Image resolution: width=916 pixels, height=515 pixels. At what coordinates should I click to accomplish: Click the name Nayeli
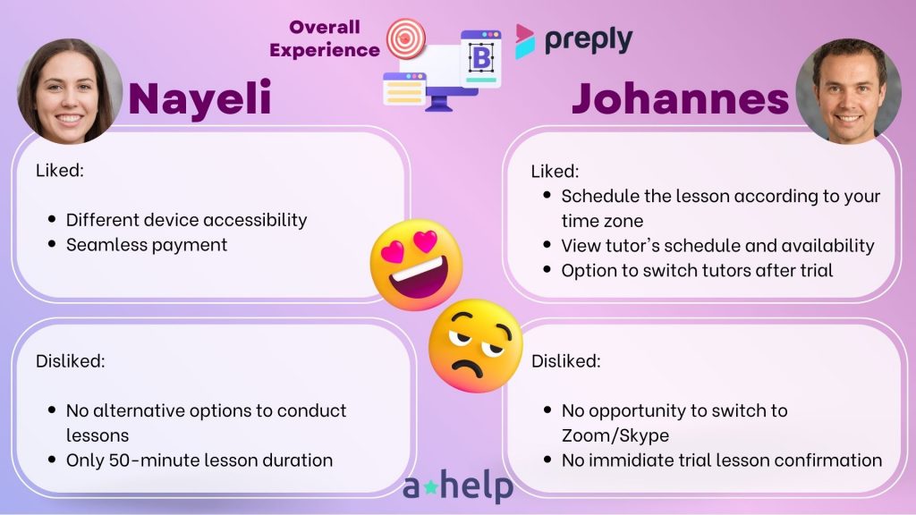point(199,98)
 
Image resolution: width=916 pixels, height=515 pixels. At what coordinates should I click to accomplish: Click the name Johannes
point(681,98)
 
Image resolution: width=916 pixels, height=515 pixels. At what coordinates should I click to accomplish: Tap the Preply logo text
point(589,39)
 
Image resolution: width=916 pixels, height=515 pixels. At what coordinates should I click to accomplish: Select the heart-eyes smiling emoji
point(417,265)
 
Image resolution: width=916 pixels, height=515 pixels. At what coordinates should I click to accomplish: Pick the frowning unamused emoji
point(475,346)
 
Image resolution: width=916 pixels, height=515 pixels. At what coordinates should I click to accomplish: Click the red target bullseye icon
point(407,38)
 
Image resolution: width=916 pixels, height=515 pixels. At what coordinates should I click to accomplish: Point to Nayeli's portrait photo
point(70,91)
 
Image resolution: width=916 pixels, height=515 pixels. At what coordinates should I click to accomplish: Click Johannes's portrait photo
point(848,91)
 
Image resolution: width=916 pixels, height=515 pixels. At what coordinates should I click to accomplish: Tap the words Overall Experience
point(324,38)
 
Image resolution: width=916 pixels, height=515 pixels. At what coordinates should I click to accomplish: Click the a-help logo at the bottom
point(458,485)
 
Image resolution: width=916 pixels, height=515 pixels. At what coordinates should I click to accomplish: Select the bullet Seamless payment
point(147,245)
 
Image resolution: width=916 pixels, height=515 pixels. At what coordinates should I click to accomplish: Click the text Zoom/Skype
point(615,435)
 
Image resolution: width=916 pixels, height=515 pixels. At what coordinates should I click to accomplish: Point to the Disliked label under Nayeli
point(70,361)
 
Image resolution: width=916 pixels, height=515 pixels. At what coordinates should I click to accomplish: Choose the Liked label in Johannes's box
point(555,171)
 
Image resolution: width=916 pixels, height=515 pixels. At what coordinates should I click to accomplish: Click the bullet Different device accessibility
point(186,220)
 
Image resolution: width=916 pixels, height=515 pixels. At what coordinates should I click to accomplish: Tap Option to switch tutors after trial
point(697,270)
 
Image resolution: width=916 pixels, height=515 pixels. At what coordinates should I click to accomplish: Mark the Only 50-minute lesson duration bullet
point(199,460)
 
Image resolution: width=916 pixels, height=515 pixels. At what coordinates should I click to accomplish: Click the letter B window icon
point(480,58)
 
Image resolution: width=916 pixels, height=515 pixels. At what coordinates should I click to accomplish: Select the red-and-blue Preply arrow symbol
point(524,41)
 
